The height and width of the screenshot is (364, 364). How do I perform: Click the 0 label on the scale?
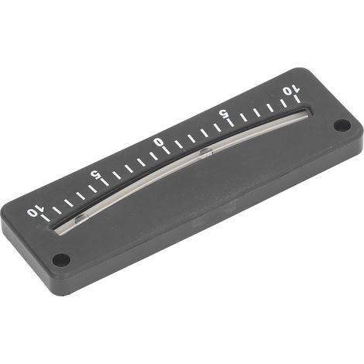click(x=158, y=142)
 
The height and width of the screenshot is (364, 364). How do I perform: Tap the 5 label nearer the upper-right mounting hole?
click(x=222, y=113)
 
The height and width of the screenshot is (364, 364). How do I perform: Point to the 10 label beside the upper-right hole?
click(x=290, y=91)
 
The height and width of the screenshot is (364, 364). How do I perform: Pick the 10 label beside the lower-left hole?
click(x=35, y=212)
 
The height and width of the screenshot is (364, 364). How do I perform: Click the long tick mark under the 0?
click(x=166, y=150)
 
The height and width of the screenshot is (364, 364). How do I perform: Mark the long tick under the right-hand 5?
click(x=230, y=121)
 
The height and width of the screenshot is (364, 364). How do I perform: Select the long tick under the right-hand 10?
click(x=297, y=99)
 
